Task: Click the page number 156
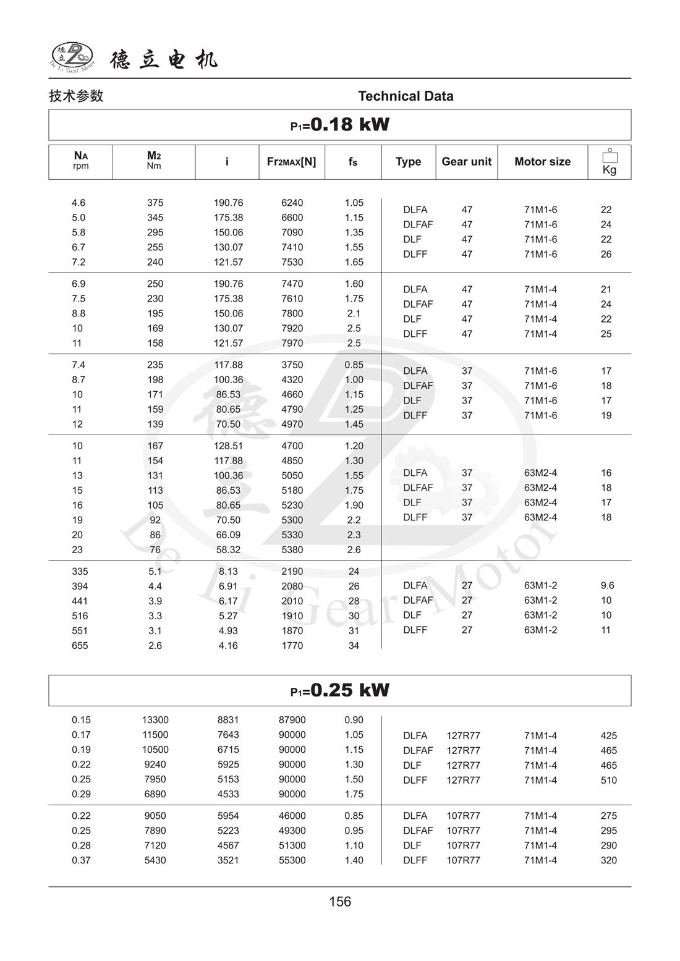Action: coord(340,902)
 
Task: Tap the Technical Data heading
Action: coord(406,96)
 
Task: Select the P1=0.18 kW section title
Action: coord(340,125)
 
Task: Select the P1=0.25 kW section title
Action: coord(340,690)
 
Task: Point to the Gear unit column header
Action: coord(466,162)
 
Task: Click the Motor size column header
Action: coord(542,162)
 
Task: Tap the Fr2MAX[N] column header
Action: coord(291,162)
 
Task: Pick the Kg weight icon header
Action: coord(610,162)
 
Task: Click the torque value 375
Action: coord(155,203)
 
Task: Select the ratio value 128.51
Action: coord(228,446)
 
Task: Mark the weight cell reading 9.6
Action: coord(607,585)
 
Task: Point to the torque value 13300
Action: coord(155,720)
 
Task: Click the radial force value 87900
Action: coord(292,720)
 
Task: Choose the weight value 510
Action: coord(608,780)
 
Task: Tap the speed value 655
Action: coord(80,645)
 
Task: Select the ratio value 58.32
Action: coord(228,549)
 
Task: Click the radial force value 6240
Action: coord(292,203)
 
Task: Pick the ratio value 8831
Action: coord(228,720)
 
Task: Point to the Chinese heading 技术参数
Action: coord(76,96)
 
